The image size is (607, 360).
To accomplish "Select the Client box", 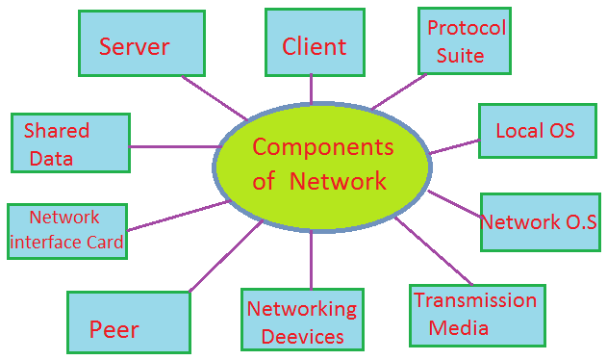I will click(x=314, y=44).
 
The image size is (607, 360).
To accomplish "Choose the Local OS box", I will click(x=535, y=130).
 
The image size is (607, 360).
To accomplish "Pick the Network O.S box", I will click(x=539, y=221).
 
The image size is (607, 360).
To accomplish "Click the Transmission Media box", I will click(x=476, y=315).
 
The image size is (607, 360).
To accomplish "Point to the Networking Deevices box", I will click(x=302, y=321).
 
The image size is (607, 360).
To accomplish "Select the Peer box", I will click(x=128, y=323).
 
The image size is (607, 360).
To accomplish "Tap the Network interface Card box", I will click(x=65, y=230).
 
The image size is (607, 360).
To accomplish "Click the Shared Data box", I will click(x=69, y=143).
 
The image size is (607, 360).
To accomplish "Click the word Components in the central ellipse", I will click(x=322, y=147).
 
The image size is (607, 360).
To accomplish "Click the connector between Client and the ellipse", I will click(x=312, y=90).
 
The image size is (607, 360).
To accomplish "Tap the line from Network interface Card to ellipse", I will click(x=178, y=217).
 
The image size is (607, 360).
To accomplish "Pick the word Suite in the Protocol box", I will click(x=461, y=55).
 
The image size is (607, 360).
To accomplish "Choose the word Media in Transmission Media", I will click(x=459, y=328).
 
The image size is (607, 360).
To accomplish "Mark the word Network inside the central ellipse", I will click(x=338, y=181).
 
